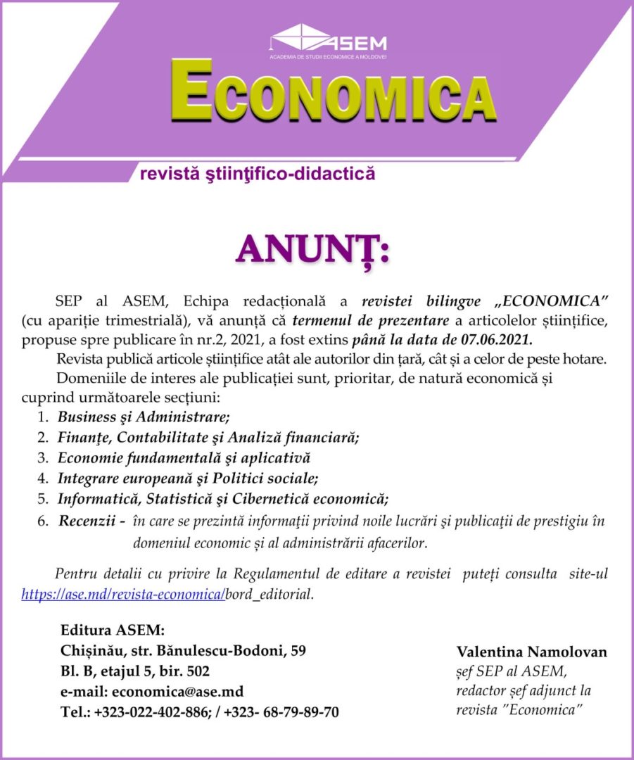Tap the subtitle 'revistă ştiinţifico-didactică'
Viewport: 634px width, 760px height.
258,174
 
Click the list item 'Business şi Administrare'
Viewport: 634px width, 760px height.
144,416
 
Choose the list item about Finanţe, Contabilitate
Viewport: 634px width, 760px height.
208,437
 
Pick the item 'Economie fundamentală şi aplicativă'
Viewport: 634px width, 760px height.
184,457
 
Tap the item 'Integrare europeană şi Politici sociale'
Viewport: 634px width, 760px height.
188,479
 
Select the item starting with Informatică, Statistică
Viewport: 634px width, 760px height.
223,500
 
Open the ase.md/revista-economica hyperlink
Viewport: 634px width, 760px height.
123,594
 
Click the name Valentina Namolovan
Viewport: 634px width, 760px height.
531,652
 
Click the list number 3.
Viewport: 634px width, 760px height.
42,457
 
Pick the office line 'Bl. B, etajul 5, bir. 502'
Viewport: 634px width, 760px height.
135,671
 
